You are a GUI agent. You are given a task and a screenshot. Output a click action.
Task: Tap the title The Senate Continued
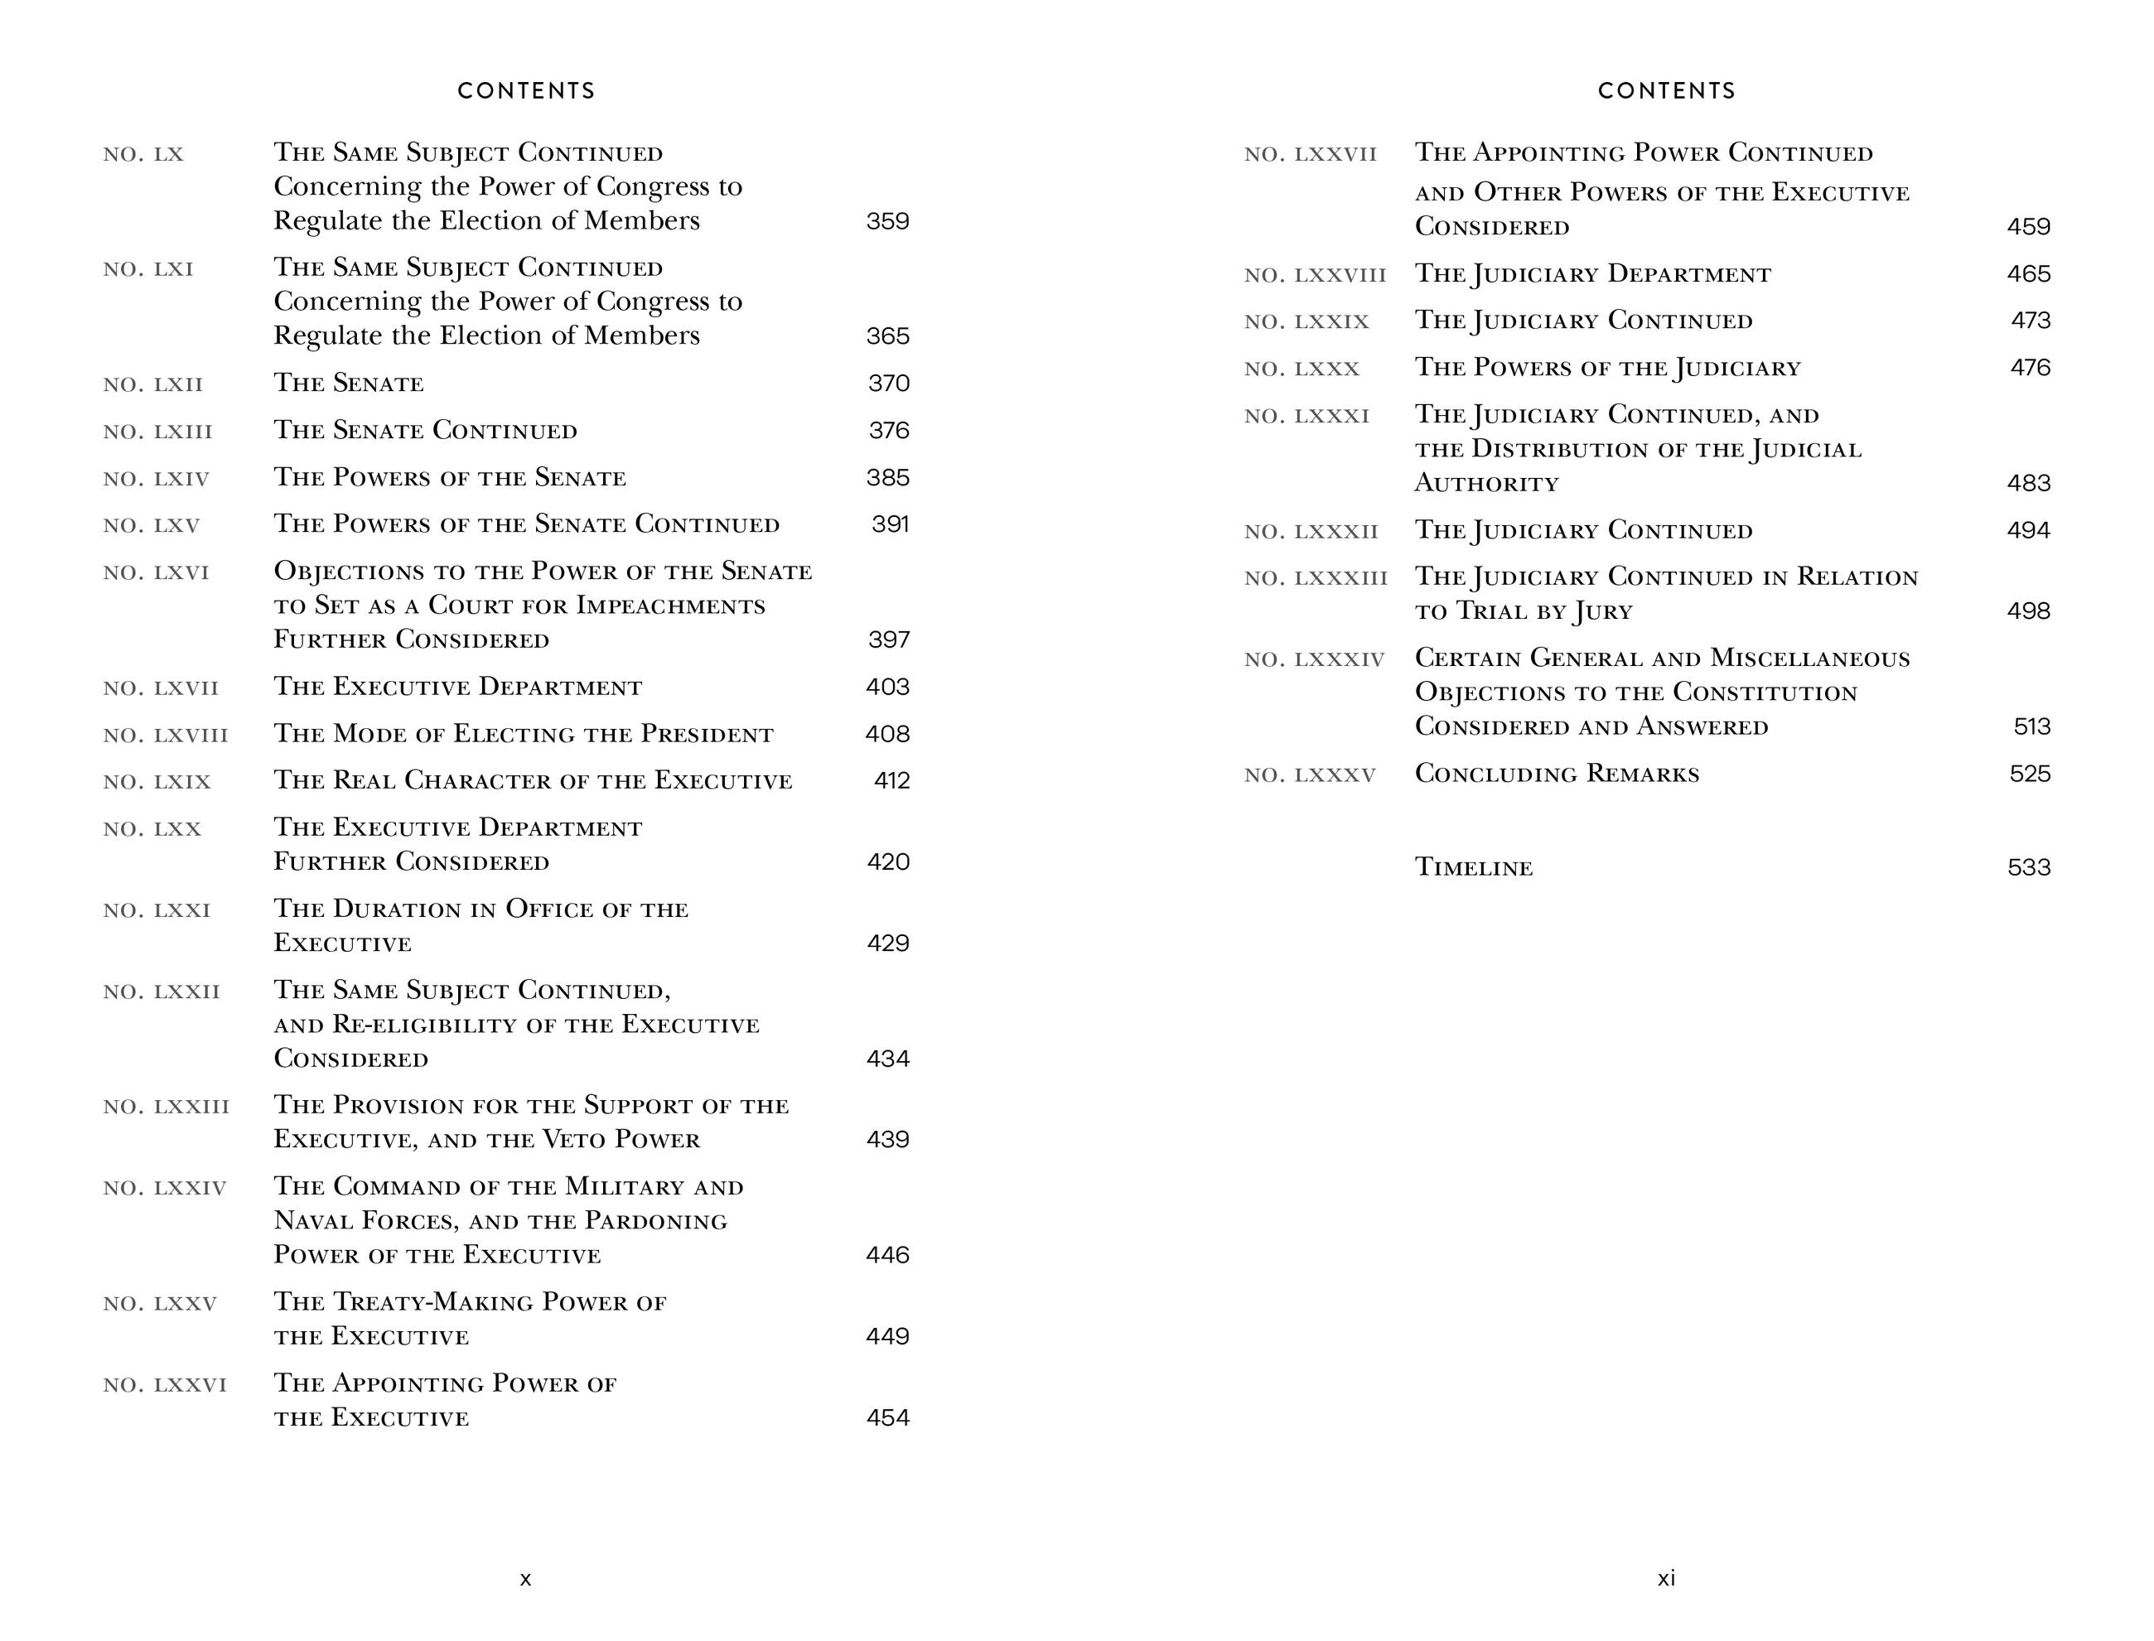point(425,431)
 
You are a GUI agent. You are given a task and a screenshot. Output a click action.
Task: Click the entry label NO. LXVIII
point(165,736)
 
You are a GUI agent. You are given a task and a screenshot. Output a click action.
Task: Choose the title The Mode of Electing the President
point(523,735)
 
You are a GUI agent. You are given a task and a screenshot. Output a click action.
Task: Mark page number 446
point(887,1255)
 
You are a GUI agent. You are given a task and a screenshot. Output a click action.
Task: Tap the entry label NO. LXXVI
point(164,1385)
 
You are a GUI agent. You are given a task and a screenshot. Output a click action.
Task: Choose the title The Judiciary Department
point(1592,274)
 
